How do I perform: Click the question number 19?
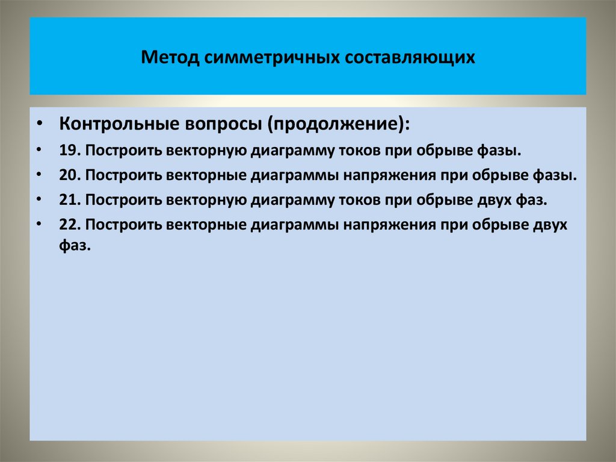(67, 150)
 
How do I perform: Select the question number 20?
(67, 175)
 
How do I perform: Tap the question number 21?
(67, 199)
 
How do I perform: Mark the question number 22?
(67, 224)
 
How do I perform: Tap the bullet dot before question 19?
(39, 149)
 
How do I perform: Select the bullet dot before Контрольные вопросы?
(39, 124)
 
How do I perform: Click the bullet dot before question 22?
(39, 223)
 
